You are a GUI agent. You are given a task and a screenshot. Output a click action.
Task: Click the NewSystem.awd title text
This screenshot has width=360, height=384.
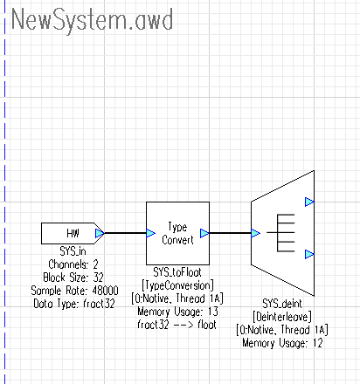[92, 20]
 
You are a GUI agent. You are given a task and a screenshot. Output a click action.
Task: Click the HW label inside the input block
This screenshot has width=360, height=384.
[73, 233]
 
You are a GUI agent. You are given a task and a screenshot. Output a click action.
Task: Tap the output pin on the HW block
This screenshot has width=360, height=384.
[100, 233]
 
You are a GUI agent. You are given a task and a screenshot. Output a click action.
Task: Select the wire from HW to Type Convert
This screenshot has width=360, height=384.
[125, 233]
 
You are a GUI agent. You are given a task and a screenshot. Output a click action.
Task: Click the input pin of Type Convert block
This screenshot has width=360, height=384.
[150, 233]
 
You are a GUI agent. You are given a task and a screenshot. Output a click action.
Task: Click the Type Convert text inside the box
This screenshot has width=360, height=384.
[177, 233]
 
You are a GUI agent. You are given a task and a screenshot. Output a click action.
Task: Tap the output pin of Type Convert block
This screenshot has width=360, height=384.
[204, 233]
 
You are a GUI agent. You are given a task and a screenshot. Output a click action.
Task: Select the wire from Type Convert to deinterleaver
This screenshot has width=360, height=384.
[230, 233]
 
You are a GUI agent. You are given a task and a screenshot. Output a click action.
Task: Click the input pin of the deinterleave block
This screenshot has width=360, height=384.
[255, 233]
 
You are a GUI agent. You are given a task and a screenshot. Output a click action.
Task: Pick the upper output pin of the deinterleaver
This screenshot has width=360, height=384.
[309, 202]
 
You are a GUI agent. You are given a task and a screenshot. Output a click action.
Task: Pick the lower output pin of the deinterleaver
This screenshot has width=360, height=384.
[309, 254]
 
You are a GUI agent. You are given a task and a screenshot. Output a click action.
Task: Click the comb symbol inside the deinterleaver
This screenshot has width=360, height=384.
[280, 233]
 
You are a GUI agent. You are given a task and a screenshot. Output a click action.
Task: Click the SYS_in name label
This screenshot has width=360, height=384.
[73, 251]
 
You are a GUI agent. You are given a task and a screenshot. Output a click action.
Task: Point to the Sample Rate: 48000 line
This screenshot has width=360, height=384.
[74, 291]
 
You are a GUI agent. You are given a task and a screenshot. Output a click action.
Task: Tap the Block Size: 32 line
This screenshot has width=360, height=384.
[73, 278]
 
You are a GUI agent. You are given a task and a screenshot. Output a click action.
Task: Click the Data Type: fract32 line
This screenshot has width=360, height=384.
[74, 304]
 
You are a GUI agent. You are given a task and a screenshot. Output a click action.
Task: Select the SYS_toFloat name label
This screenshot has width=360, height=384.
[177, 272]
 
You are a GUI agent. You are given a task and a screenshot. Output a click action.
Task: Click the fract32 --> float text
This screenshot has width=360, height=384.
[177, 325]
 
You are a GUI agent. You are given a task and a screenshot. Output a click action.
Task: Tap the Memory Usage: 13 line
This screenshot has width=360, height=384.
[177, 312]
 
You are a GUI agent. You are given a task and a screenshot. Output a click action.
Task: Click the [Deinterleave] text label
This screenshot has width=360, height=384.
[282, 317]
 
